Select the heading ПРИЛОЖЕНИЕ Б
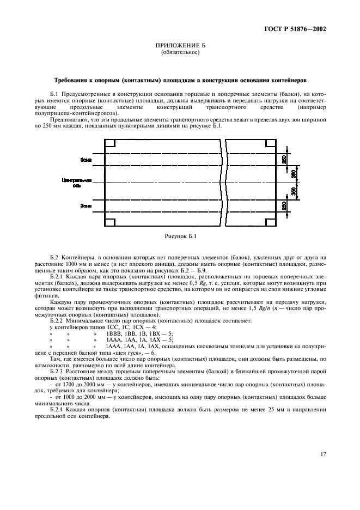click(180, 47)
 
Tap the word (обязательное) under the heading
click(180, 53)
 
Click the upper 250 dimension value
click(284, 159)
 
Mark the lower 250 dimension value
click(284, 206)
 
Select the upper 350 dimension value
click(294, 174)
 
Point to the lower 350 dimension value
click(294, 191)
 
